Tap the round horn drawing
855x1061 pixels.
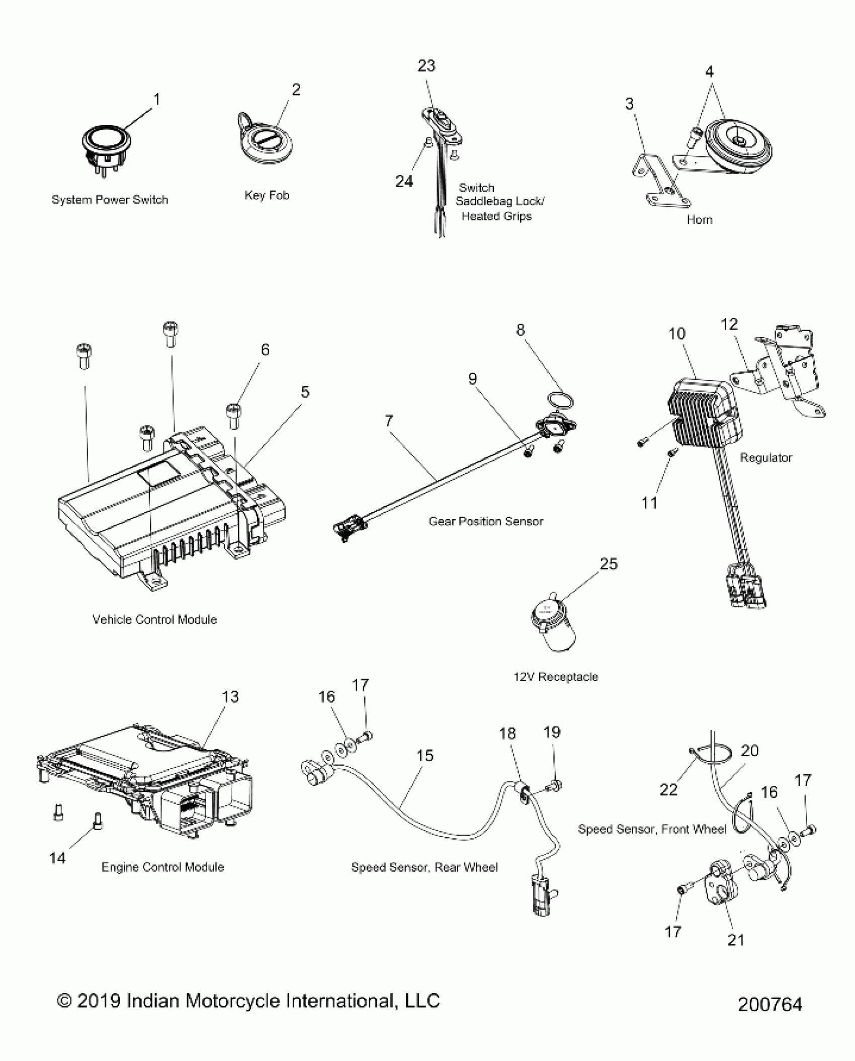click(737, 146)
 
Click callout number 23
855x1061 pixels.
click(426, 66)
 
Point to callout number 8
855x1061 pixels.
click(520, 330)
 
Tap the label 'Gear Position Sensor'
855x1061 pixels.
click(485, 522)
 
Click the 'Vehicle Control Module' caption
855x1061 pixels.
click(154, 619)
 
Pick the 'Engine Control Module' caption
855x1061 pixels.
click(162, 867)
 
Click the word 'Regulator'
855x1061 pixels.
click(765, 458)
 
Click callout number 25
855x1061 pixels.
click(608, 564)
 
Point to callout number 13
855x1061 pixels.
click(230, 697)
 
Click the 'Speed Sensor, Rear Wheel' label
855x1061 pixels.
click(424, 867)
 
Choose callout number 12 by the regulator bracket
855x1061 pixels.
click(729, 324)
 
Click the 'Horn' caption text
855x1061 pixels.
click(699, 220)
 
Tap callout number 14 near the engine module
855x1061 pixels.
click(57, 858)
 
